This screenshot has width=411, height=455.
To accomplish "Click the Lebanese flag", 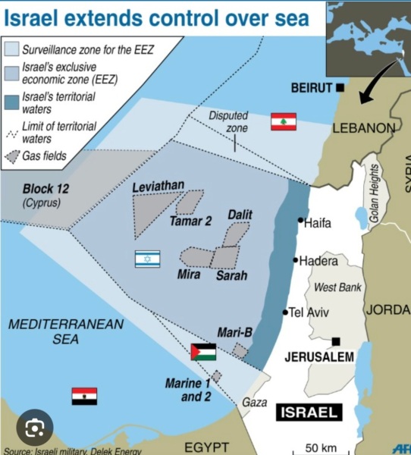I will [x=284, y=122].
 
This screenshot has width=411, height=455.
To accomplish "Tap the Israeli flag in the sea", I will [x=147, y=259].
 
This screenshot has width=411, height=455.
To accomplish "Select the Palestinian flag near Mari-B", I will [x=202, y=352].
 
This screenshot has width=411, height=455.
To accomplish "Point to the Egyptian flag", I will [x=84, y=396].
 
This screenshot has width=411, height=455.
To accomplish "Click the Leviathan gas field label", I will [x=158, y=187].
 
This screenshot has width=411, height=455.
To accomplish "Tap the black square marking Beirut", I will [x=339, y=88].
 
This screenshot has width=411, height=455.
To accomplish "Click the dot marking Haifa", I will [x=300, y=222].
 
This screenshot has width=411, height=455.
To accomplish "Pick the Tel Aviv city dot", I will [x=286, y=312].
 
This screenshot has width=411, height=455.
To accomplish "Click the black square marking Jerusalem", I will [x=335, y=341].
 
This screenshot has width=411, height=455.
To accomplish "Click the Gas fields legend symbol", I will [x=14, y=157].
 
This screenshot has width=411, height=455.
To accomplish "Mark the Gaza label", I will [x=254, y=403].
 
